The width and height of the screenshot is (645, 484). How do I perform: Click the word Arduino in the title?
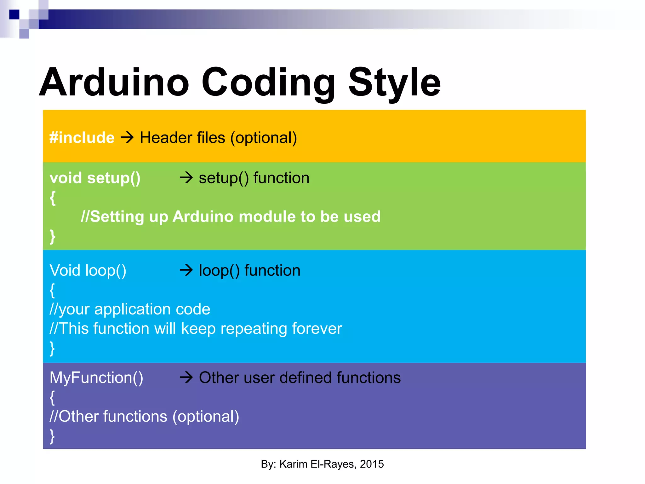[x=114, y=83]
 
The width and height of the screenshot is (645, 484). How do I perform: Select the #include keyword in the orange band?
[x=82, y=138]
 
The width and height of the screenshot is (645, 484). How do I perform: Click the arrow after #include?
[x=127, y=138]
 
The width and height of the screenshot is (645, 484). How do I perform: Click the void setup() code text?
[x=95, y=178]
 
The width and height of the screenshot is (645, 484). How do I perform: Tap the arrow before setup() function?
[x=186, y=178]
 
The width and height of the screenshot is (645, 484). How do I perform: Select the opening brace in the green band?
[x=53, y=198]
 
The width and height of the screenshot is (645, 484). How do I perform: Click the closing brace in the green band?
[x=53, y=237]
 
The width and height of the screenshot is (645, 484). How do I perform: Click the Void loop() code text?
[x=88, y=271]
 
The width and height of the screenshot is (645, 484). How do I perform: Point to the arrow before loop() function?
[x=186, y=270]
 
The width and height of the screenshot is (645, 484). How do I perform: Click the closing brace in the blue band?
[x=52, y=349]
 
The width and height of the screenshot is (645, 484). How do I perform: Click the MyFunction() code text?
[x=96, y=378]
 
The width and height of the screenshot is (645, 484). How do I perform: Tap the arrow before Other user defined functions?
[x=186, y=377]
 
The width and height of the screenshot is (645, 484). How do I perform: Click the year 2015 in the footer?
[x=372, y=464]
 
